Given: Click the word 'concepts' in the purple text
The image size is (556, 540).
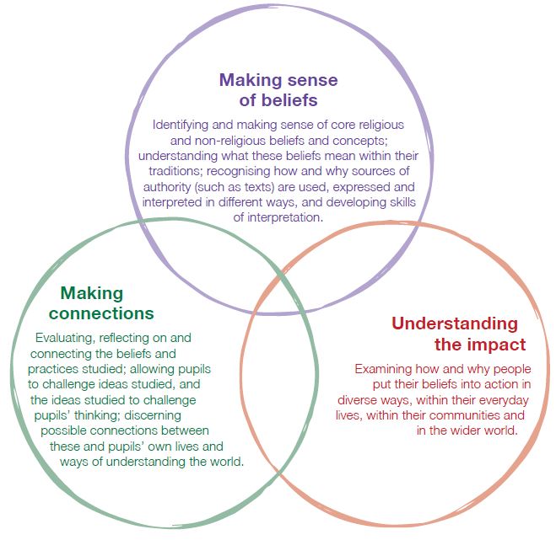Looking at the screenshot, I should [355, 140].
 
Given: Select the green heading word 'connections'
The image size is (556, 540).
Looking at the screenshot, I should [101, 314].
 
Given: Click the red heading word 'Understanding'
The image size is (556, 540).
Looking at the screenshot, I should [454, 323].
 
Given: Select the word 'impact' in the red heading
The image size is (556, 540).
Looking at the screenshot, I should [493, 345].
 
